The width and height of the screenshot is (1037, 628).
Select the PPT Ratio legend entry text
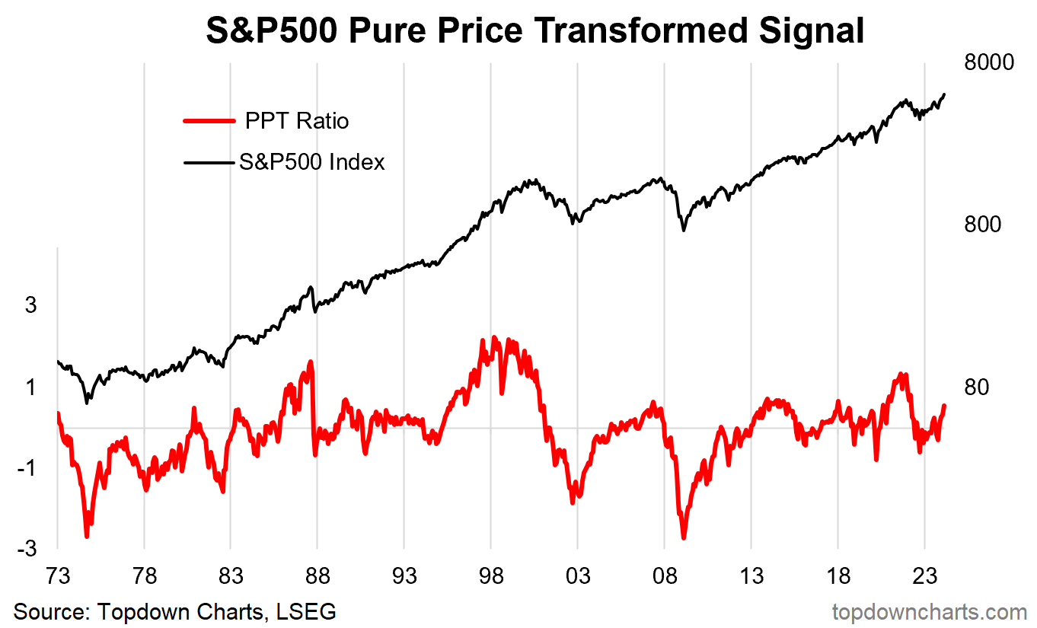pyautogui.click(x=297, y=120)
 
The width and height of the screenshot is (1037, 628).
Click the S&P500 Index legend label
pyautogui.click(x=311, y=161)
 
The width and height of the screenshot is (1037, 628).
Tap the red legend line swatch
pyautogui.click(x=209, y=120)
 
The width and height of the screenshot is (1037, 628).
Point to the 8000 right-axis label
pyautogui.click(x=989, y=62)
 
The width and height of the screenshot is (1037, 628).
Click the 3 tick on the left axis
pyautogui.click(x=30, y=305)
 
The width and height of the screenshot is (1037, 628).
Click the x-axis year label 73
pyautogui.click(x=58, y=576)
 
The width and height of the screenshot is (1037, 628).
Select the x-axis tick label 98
pyautogui.click(x=491, y=576)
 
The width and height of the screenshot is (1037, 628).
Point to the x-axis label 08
pyautogui.click(x=664, y=576)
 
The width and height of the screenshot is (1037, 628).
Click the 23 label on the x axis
pyautogui.click(x=924, y=576)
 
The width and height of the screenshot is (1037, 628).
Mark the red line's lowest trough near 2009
pyautogui.click(x=684, y=537)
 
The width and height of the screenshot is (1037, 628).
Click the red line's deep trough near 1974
pyautogui.click(x=87, y=535)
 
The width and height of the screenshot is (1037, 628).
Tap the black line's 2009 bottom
pyautogui.click(x=683, y=229)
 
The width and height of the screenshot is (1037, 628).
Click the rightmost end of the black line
pyautogui.click(x=944, y=94)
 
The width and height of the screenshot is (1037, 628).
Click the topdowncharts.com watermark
pyautogui.click(x=929, y=611)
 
